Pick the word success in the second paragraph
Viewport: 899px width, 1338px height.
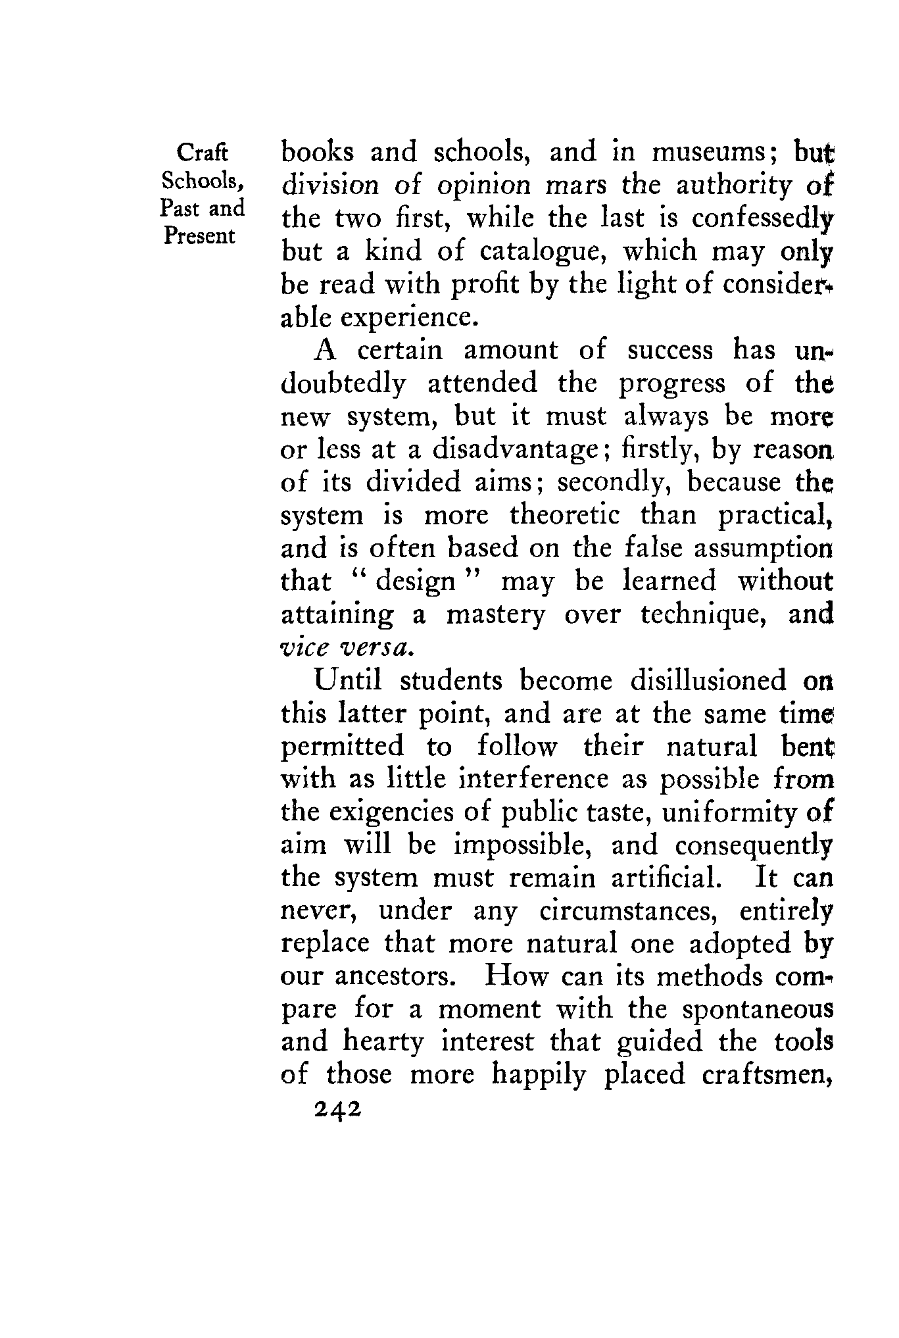669,351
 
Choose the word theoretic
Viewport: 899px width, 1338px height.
565,516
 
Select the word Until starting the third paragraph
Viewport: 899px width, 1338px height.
348,681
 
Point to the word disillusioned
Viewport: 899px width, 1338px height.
708,681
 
